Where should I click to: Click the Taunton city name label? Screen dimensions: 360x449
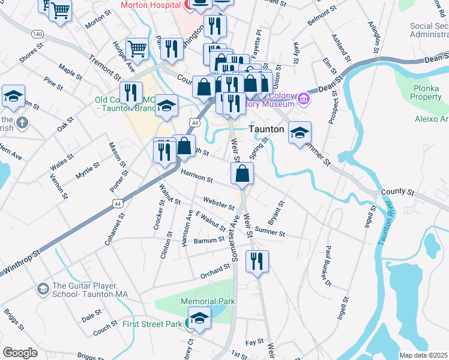point(267,129)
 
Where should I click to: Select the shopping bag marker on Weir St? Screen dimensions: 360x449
point(242,174)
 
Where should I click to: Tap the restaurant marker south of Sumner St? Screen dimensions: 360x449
point(257,262)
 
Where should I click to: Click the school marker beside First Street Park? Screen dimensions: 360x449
point(199,318)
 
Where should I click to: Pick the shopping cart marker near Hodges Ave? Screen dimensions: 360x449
point(137,50)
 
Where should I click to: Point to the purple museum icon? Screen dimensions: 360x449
point(304,98)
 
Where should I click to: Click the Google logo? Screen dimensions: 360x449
point(20,353)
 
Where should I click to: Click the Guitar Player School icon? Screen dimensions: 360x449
point(43,290)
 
